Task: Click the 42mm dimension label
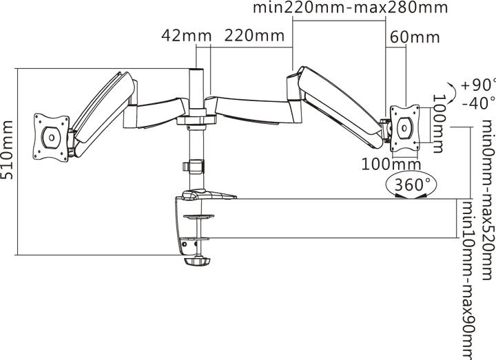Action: coord(186,35)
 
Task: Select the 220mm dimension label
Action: coord(254,35)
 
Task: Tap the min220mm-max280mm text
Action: coord(351,8)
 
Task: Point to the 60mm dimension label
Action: coord(415,37)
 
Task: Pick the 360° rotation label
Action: coord(413,184)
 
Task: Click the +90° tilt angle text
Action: coord(478,85)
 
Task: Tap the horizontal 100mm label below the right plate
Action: coord(391,164)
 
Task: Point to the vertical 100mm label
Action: coord(438,124)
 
